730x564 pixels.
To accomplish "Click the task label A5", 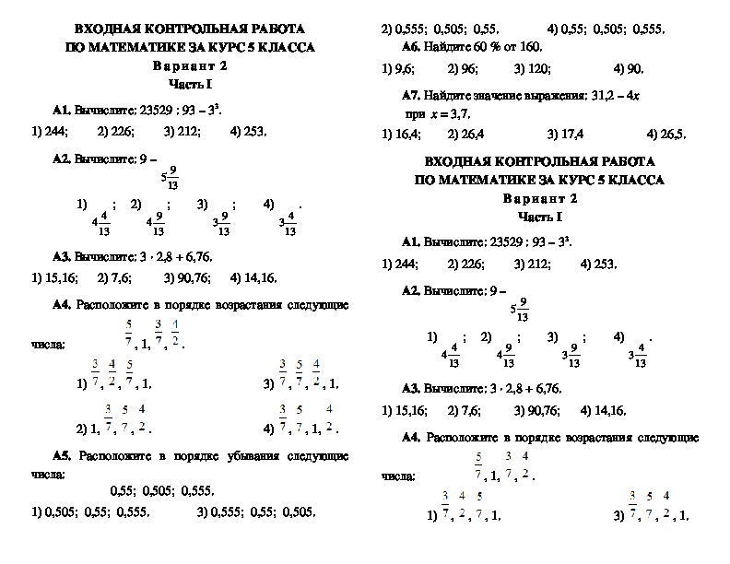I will click(63, 456).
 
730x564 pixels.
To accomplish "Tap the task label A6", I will click(412, 46).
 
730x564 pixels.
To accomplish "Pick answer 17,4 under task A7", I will click(564, 134).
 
